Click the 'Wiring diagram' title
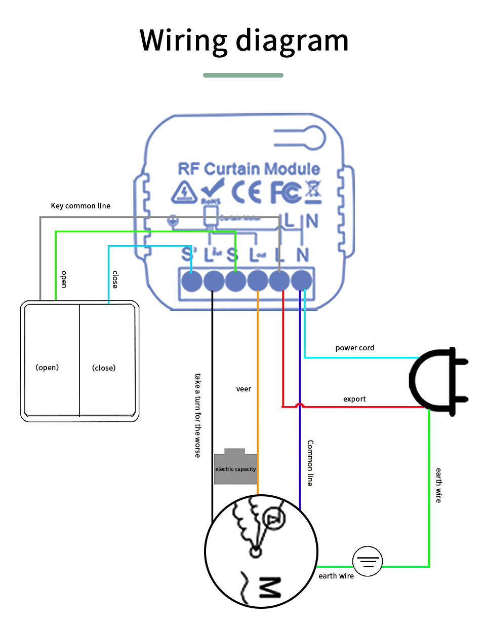point(244,40)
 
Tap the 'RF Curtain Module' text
point(249,169)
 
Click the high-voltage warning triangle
point(182,192)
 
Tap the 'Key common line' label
point(80,206)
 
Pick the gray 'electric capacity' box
point(235,467)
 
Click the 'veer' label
point(244,389)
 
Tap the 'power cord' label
point(355,348)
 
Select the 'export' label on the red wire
point(354,399)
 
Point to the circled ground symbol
point(367,561)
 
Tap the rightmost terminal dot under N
point(302,280)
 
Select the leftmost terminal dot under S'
point(191,280)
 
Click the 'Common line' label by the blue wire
point(310,463)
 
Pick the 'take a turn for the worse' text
point(198,415)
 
